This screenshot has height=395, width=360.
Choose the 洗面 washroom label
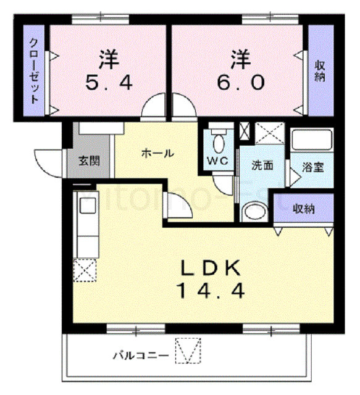pyautogui.click(x=262, y=165)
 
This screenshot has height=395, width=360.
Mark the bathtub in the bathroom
pyautogui.click(x=312, y=140)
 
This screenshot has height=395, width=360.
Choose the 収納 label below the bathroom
pyautogui.click(x=304, y=209)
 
